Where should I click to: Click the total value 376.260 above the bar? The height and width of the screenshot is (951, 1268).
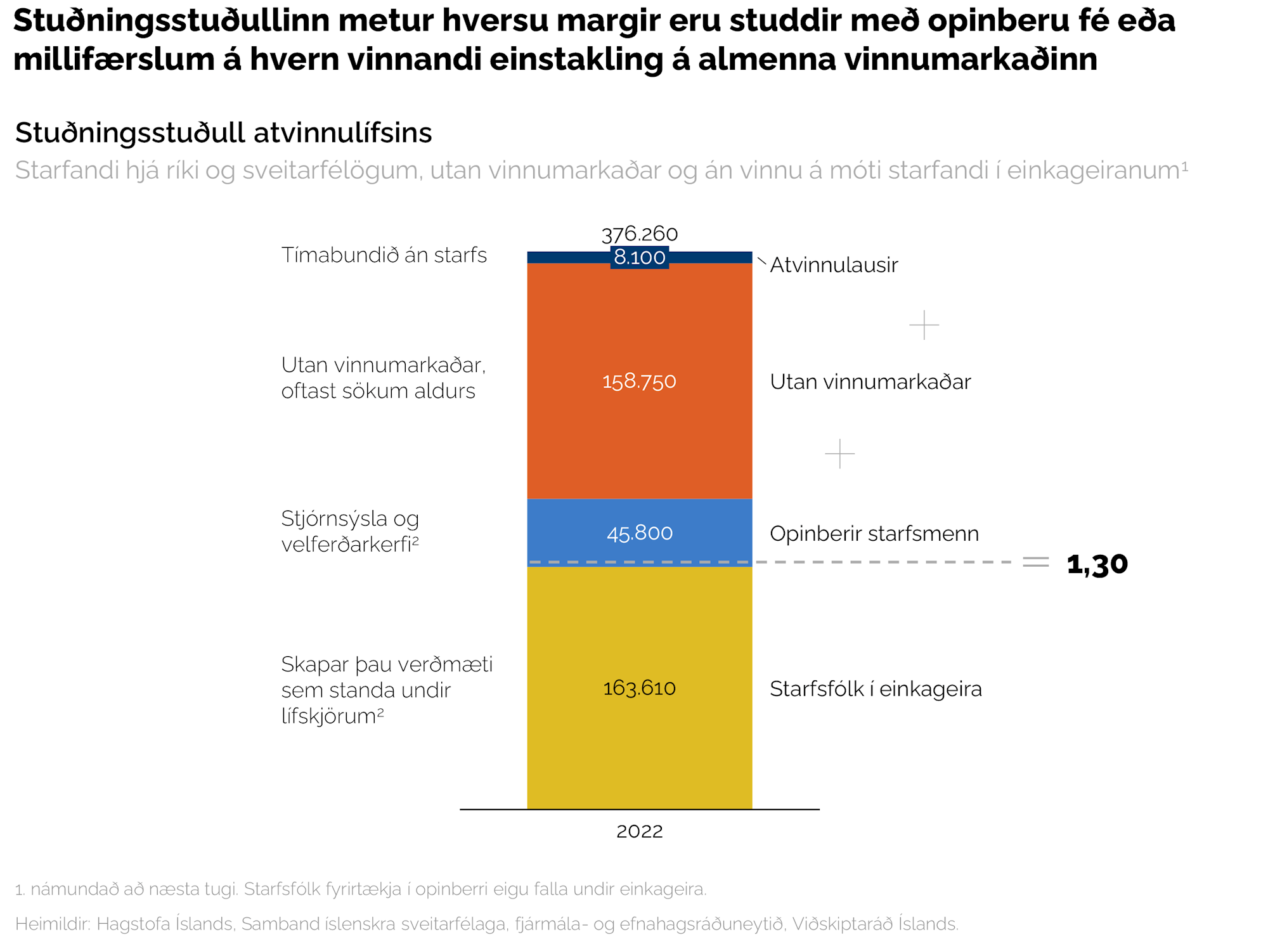coord(640,234)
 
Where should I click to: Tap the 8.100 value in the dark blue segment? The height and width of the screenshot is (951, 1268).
coord(640,257)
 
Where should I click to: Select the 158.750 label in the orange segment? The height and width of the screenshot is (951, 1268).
coord(640,381)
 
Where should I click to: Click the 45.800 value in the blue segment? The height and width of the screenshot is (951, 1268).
coord(640,533)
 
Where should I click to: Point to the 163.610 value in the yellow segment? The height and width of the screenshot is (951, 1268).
coord(640,688)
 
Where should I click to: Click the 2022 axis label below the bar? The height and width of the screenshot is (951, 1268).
coord(640,831)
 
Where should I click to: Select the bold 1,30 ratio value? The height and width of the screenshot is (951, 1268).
coord(1097,564)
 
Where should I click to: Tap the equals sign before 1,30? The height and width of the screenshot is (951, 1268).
coord(1036,562)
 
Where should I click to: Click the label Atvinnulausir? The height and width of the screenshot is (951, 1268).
coord(834,265)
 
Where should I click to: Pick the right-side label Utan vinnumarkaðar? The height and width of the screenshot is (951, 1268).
coord(870,382)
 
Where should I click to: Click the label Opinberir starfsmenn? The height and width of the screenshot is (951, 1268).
coord(874,534)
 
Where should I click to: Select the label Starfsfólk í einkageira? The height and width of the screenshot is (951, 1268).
coord(876,689)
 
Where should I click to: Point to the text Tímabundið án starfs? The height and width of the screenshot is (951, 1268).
coord(384,255)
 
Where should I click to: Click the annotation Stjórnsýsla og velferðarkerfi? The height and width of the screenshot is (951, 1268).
coord(350,531)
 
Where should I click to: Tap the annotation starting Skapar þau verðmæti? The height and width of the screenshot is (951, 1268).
coord(386,690)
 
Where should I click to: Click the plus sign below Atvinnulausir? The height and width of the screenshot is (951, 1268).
coord(924,325)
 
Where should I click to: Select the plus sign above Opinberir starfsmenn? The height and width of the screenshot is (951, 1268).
coord(839,454)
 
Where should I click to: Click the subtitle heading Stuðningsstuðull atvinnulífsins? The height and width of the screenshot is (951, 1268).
coord(223,133)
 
